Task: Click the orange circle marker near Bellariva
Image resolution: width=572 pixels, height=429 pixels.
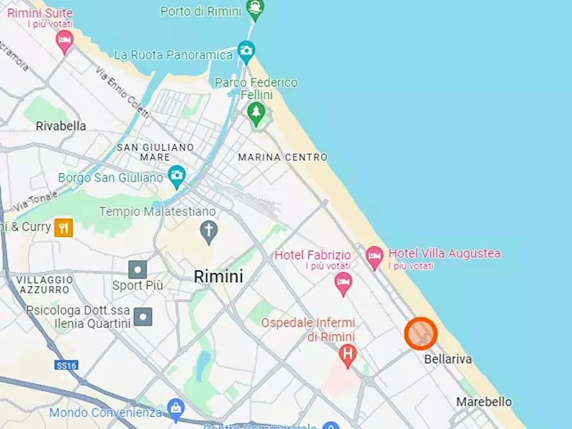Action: pyautogui.click(x=421, y=334)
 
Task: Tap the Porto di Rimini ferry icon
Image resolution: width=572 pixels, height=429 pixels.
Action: pyautogui.click(x=256, y=9)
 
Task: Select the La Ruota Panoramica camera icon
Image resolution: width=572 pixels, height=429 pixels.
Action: pyautogui.click(x=245, y=51)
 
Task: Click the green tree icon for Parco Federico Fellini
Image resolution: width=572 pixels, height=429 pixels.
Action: pyautogui.click(x=256, y=112)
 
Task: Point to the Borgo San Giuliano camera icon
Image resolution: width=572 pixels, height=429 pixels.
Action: pyautogui.click(x=177, y=175)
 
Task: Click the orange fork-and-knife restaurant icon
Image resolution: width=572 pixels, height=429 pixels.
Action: pyautogui.click(x=63, y=227)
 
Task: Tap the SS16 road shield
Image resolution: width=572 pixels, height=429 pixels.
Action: pyautogui.click(x=66, y=365)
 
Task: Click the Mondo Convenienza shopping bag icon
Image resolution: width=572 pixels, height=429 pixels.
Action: pyautogui.click(x=175, y=408)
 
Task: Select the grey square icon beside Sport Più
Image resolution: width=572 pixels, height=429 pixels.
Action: pyautogui.click(x=137, y=269)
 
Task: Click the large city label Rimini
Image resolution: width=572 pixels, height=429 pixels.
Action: pyautogui.click(x=218, y=277)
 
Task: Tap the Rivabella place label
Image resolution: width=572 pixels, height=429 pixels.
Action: pyautogui.click(x=61, y=126)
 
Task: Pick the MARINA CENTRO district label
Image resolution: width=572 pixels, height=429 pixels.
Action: pyautogui.click(x=282, y=157)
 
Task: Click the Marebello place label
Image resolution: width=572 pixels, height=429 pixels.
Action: pyautogui.click(x=484, y=401)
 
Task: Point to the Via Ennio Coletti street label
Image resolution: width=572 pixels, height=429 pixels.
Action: pyautogui.click(x=122, y=93)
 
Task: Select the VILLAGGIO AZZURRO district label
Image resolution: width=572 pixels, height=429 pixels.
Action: pyautogui.click(x=44, y=285)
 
